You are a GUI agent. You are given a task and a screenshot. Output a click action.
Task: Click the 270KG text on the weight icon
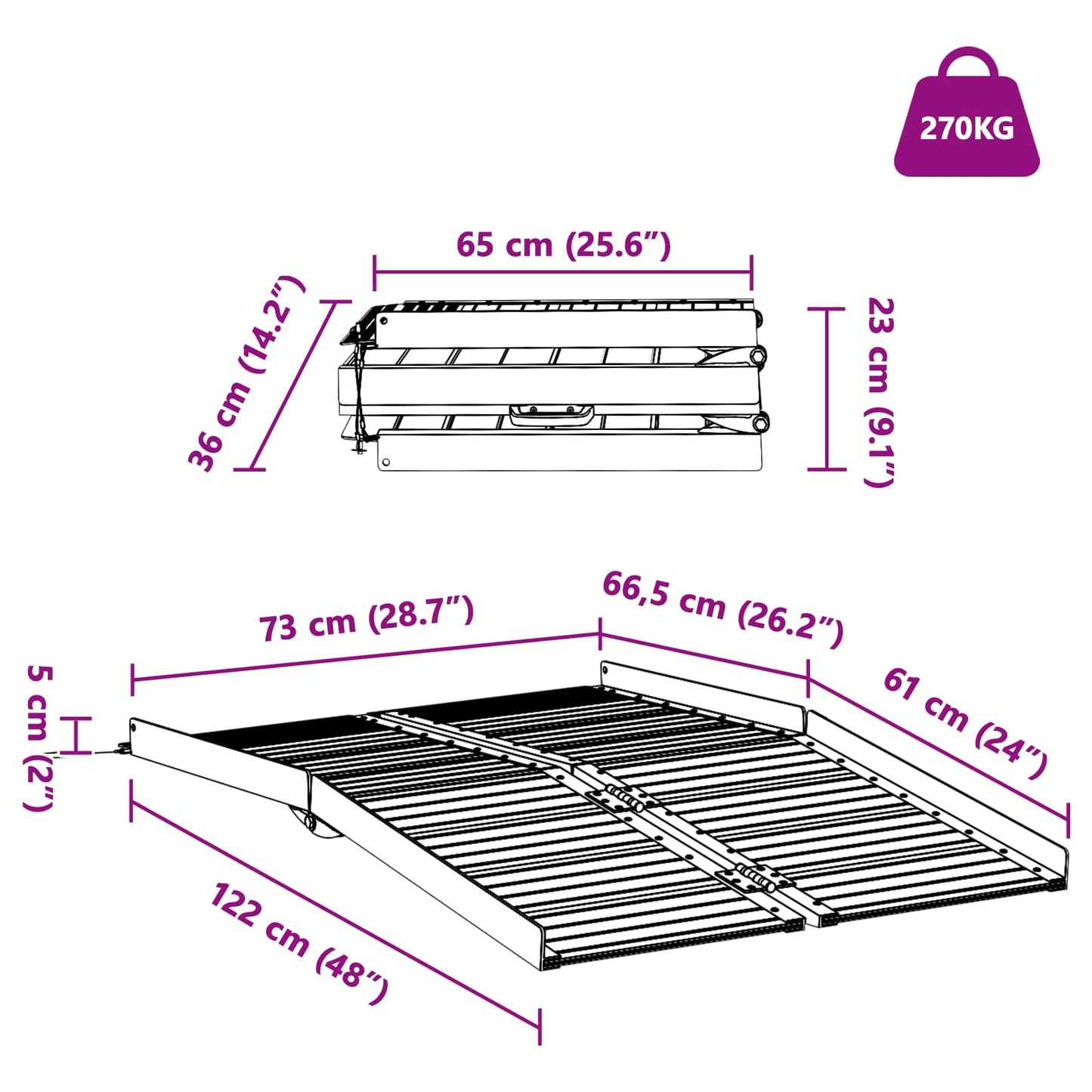(x=967, y=128)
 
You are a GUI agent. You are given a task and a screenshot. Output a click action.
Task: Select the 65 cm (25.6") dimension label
(x=563, y=245)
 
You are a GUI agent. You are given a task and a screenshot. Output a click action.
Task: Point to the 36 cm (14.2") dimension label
(x=246, y=374)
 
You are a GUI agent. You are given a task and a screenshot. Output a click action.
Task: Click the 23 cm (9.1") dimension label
(x=880, y=391)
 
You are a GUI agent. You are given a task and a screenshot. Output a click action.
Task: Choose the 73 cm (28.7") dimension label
(x=367, y=619)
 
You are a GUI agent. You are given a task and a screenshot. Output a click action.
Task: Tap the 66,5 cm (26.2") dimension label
(x=722, y=608)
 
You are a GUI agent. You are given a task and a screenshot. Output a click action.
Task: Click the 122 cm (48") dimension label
(x=299, y=942)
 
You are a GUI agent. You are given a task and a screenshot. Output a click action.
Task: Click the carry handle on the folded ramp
(x=551, y=413)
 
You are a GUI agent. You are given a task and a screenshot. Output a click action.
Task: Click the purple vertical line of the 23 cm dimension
(x=827, y=388)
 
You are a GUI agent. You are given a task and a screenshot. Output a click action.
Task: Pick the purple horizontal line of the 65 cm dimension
(x=563, y=272)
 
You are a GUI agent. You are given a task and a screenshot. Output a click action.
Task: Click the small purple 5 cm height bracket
(x=75, y=735)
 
